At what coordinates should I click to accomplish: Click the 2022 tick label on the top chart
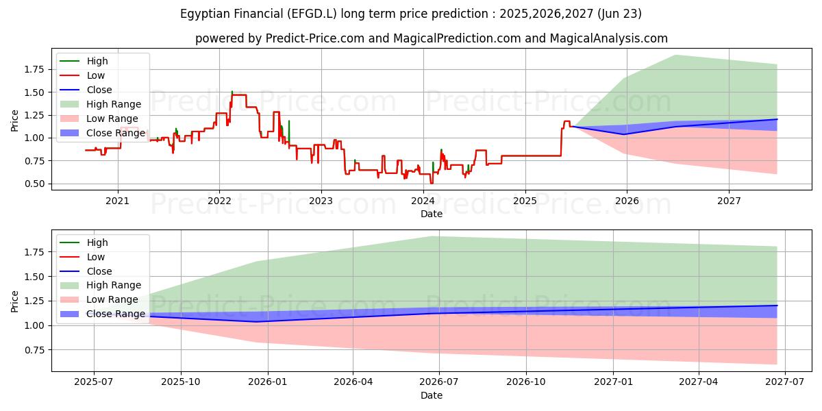click(x=219, y=201)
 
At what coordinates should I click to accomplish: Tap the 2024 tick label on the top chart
click(x=423, y=201)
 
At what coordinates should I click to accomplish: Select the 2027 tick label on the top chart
click(x=729, y=201)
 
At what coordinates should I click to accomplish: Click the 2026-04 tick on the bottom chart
click(x=353, y=382)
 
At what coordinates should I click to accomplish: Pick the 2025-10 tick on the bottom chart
click(x=181, y=382)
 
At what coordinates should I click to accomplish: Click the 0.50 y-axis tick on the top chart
click(x=36, y=184)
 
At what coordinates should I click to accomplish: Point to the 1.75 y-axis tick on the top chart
click(x=36, y=69)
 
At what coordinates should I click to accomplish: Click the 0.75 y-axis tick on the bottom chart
click(x=36, y=350)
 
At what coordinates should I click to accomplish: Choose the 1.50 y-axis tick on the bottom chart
click(x=36, y=277)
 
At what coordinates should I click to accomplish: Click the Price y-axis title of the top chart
click(x=15, y=121)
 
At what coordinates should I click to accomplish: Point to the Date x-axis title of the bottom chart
click(x=432, y=395)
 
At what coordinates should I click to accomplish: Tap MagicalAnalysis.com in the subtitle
click(x=610, y=38)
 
